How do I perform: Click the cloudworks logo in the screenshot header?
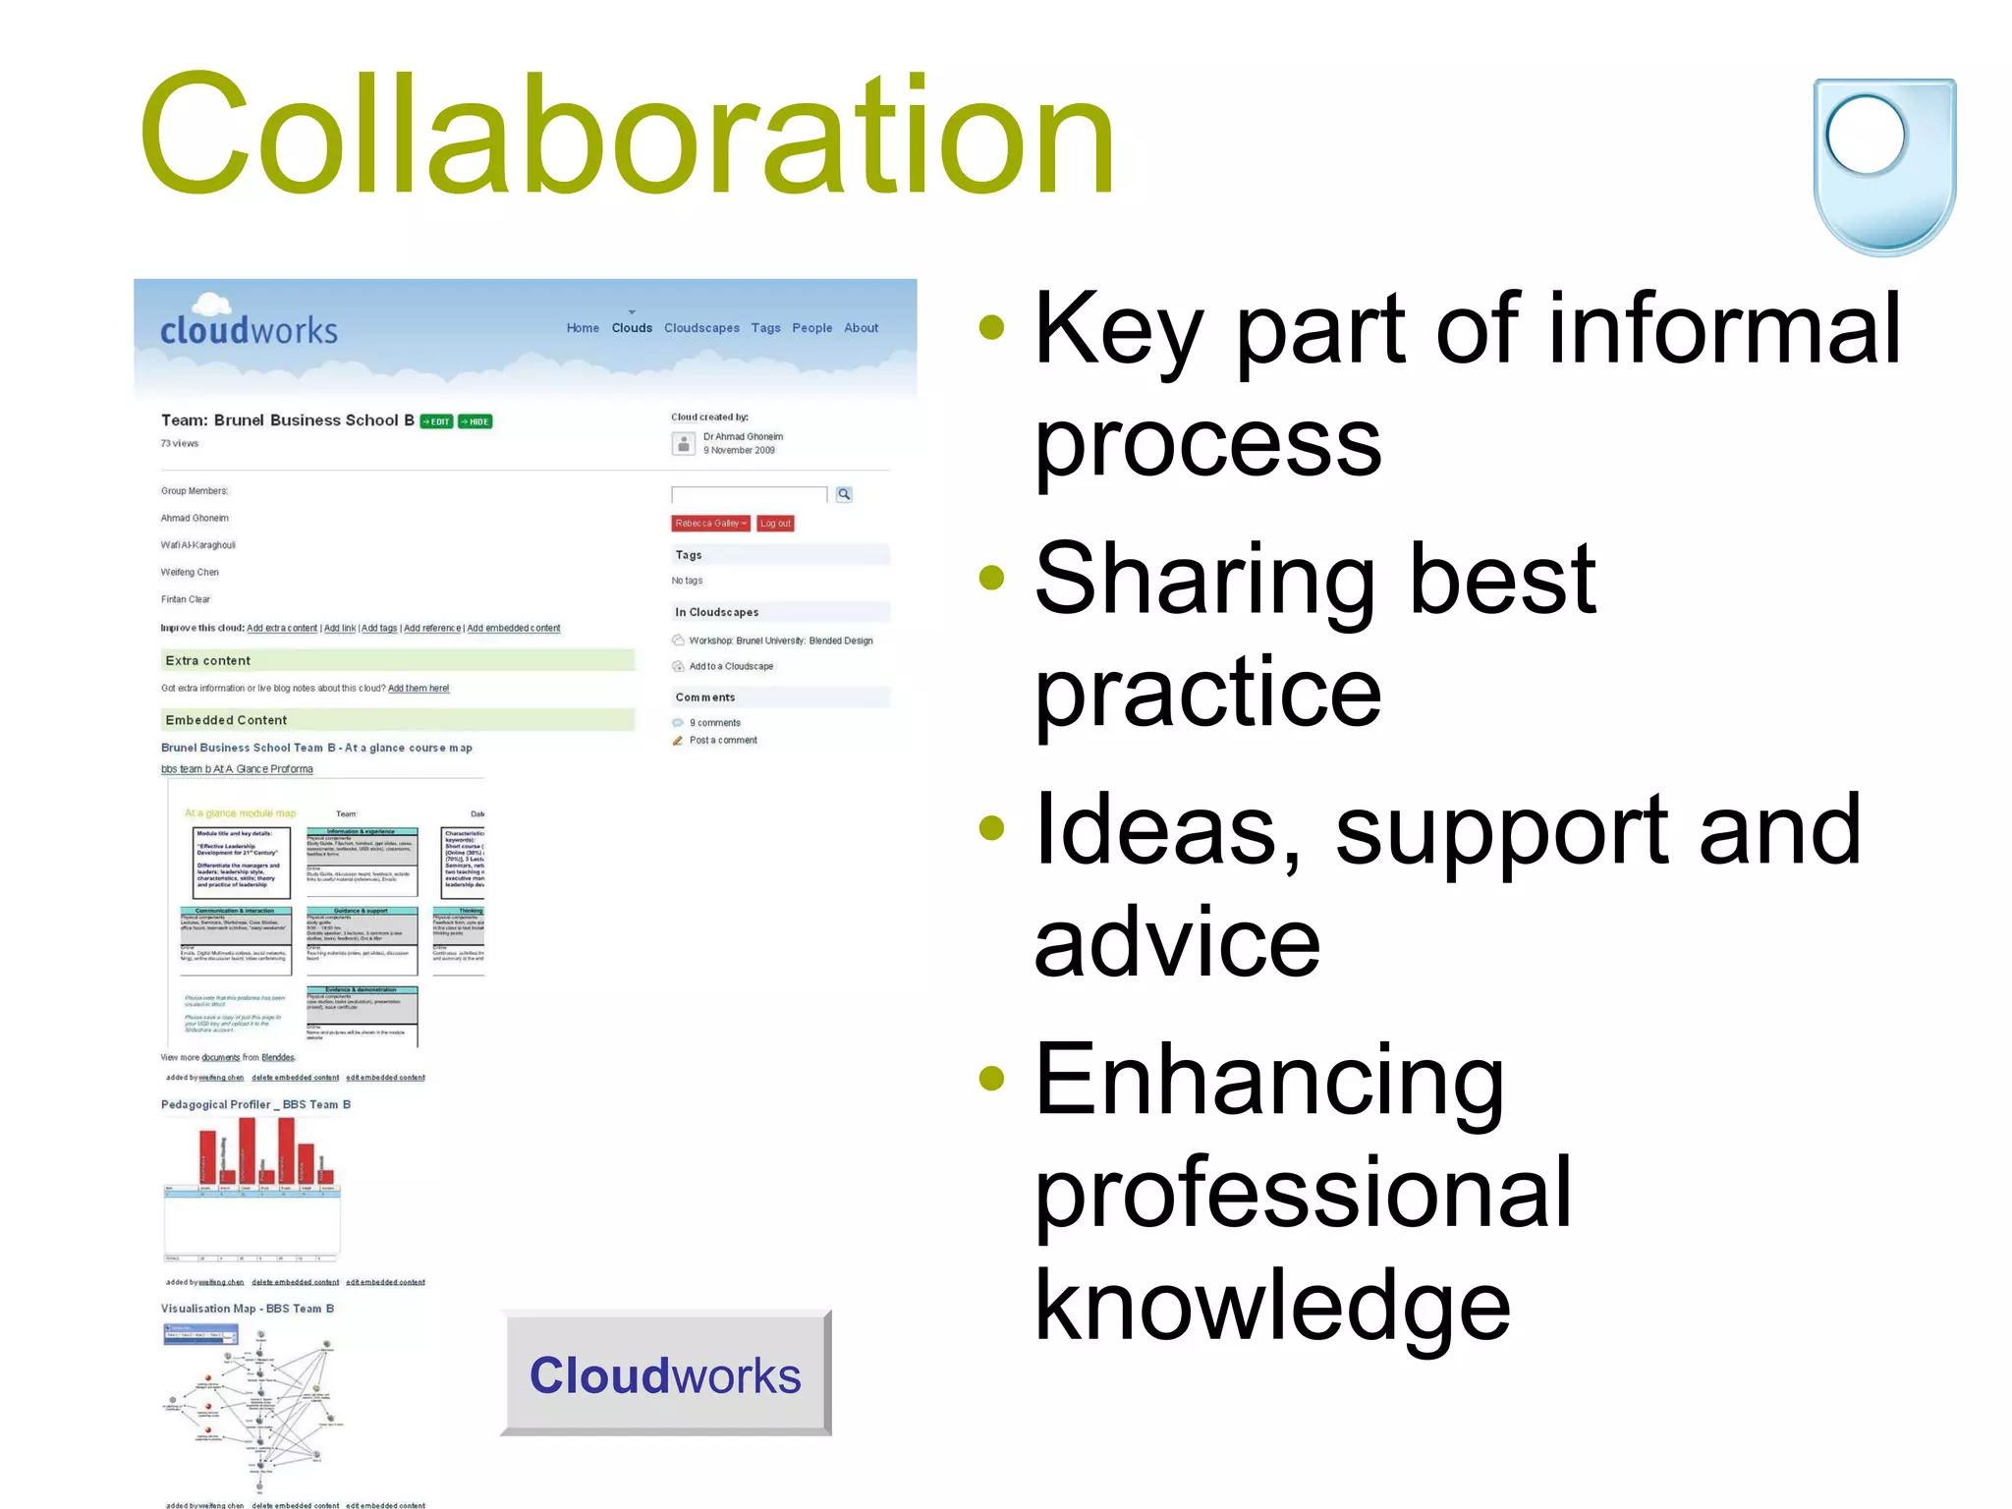click(x=249, y=326)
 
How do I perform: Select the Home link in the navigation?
click(x=583, y=328)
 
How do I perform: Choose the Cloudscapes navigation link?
click(x=701, y=328)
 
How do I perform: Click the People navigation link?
click(x=811, y=328)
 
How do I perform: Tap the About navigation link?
click(x=861, y=328)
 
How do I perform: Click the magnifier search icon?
click(x=844, y=494)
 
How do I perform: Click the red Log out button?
click(x=775, y=524)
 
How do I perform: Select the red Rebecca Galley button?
click(x=710, y=524)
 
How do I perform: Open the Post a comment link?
click(x=723, y=741)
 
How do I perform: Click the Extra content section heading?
click(x=208, y=661)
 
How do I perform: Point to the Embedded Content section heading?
click(x=226, y=720)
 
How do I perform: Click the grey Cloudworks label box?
click(x=665, y=1374)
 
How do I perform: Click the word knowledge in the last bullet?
click(x=1272, y=1305)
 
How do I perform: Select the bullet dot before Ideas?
click(x=992, y=827)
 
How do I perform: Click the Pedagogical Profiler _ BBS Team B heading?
click(x=255, y=1105)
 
